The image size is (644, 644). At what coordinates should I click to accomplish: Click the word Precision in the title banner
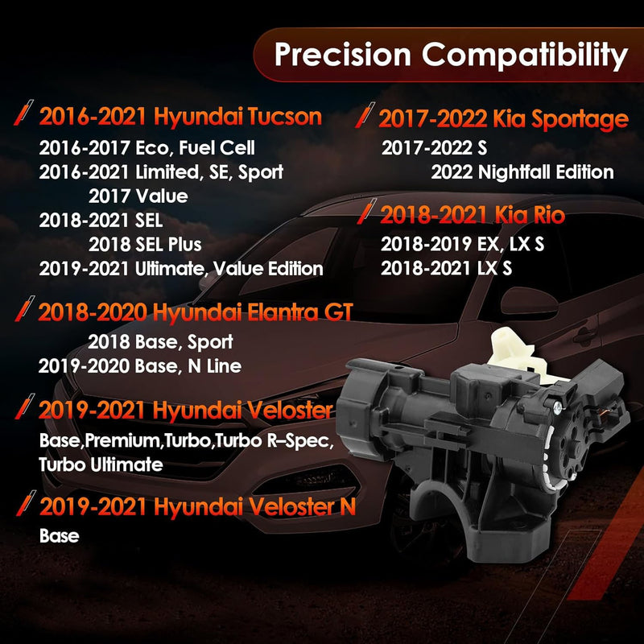[343, 54]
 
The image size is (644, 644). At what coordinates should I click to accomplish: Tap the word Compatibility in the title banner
[525, 56]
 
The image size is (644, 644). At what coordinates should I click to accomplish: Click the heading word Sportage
[580, 119]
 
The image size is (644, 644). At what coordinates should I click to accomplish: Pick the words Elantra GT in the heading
[299, 312]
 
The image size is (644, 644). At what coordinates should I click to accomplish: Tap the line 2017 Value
[138, 196]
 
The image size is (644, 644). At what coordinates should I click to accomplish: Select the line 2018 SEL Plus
[145, 245]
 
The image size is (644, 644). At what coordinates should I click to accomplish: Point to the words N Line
[214, 366]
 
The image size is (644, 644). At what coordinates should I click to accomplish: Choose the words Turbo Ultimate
[101, 464]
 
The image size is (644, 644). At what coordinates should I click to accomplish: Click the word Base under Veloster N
[59, 535]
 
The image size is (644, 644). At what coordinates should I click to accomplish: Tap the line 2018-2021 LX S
[447, 268]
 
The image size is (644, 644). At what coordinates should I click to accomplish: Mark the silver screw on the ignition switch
[558, 407]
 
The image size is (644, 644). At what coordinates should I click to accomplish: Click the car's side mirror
[535, 304]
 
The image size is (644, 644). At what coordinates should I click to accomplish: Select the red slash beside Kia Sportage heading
[365, 114]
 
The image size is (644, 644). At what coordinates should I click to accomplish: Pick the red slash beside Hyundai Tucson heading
[23, 112]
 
